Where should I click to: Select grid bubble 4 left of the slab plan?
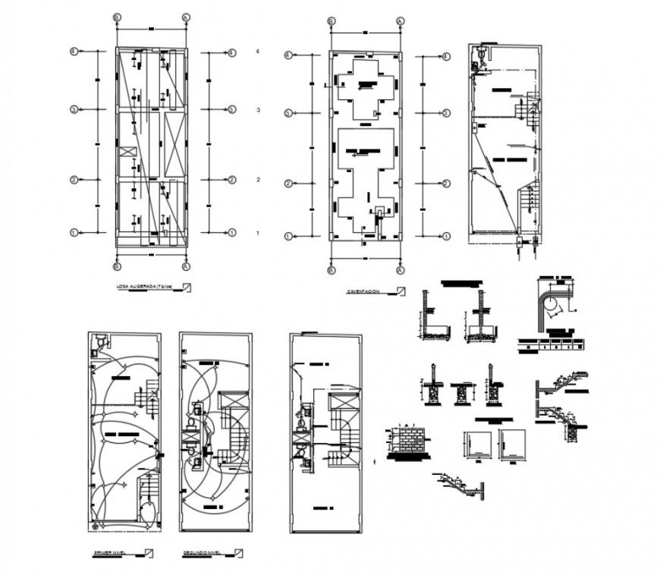pos(74,52)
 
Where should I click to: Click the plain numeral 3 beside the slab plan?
pos(258,111)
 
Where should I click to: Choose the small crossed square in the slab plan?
pos(125,152)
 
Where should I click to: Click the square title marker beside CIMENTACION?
pos(401,289)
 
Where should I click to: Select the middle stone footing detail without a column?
pos(460,393)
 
